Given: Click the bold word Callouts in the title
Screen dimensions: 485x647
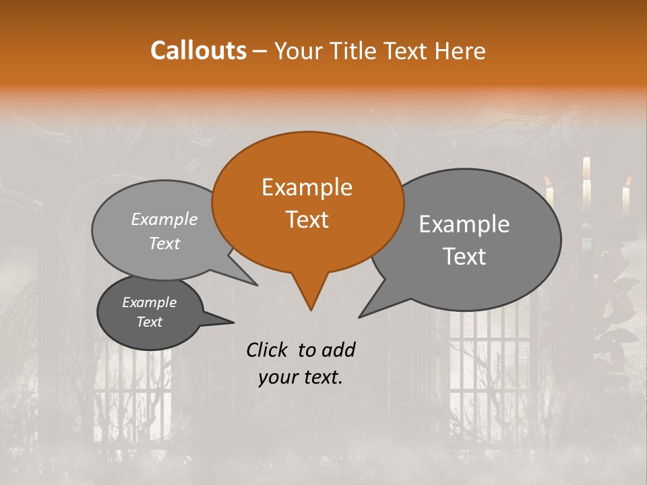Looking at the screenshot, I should click(x=198, y=51).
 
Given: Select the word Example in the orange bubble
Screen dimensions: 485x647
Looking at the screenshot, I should click(x=307, y=187).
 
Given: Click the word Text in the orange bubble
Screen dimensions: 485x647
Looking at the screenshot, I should click(x=307, y=220).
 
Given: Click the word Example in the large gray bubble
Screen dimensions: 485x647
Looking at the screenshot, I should click(x=464, y=224).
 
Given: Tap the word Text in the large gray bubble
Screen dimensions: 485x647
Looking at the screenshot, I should click(x=464, y=257).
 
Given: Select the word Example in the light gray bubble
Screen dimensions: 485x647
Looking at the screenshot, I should click(x=164, y=219).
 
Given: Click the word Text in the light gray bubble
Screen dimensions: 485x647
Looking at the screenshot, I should click(x=164, y=243).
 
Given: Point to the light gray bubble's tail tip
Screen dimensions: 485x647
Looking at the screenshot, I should click(x=256, y=284).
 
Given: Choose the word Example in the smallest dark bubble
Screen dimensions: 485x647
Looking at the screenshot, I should click(x=149, y=302).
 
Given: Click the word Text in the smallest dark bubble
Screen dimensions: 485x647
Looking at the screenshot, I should click(x=149, y=322).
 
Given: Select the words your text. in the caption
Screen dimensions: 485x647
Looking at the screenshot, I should click(x=301, y=378).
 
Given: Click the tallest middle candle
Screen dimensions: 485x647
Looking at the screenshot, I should click(x=586, y=179).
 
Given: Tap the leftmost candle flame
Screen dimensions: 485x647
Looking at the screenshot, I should click(x=548, y=181).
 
